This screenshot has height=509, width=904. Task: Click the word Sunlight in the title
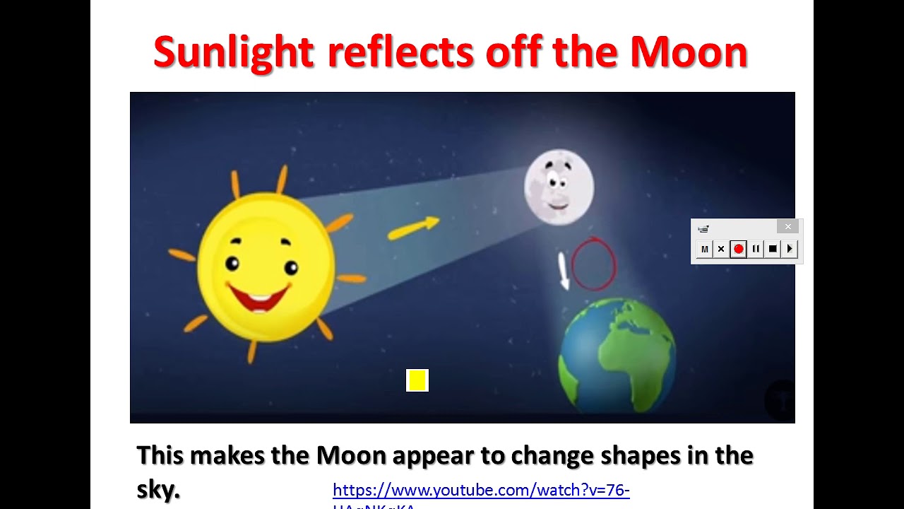pos(233,52)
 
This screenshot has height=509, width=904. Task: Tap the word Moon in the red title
pos(689,52)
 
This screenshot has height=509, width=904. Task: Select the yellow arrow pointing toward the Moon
pos(413,228)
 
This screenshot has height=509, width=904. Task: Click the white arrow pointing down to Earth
pos(563,271)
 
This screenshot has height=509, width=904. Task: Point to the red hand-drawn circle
pos(593,264)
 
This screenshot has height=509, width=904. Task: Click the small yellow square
pos(417,380)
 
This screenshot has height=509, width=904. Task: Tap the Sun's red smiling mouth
pos(259,296)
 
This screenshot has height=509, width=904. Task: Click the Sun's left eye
pos(232,264)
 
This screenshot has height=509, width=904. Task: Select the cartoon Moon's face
pos(559,187)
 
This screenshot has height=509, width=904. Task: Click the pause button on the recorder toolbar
pos(756,249)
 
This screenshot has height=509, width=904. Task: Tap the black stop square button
pos(773,249)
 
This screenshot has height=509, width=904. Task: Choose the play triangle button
pos(790,249)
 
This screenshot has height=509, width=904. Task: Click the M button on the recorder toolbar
pos(704,249)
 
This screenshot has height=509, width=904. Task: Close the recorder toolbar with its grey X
pos(788,227)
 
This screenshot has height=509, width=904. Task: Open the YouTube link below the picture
pos(480,491)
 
